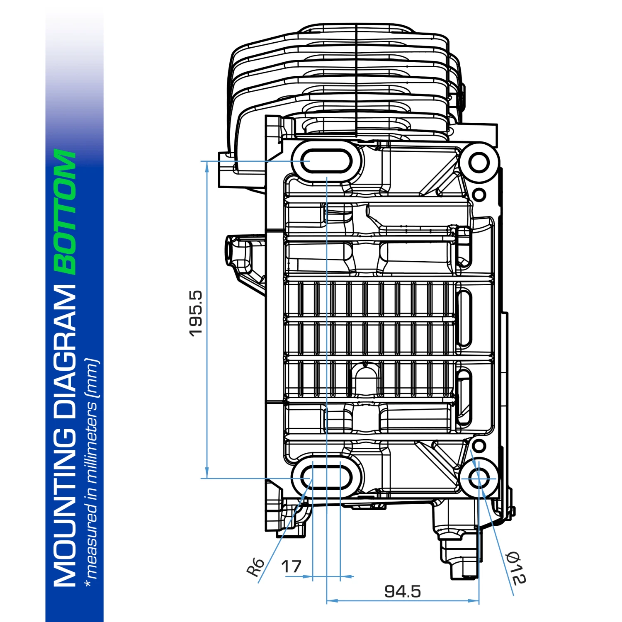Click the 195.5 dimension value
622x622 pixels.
tap(195, 313)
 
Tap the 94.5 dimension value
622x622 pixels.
tap(402, 591)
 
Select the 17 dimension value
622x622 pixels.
tap(291, 566)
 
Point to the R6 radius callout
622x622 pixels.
tap(255, 567)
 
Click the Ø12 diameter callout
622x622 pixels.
tap(517, 568)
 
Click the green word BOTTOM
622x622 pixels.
tap(66, 211)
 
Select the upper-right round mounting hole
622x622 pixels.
tap(480, 162)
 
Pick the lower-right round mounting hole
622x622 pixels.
tap(480, 478)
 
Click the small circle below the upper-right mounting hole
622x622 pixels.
tap(479, 194)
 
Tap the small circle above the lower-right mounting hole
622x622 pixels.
tap(479, 446)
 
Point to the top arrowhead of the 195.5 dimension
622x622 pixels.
tap(207, 165)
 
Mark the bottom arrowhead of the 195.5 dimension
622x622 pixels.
tap(207, 474)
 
